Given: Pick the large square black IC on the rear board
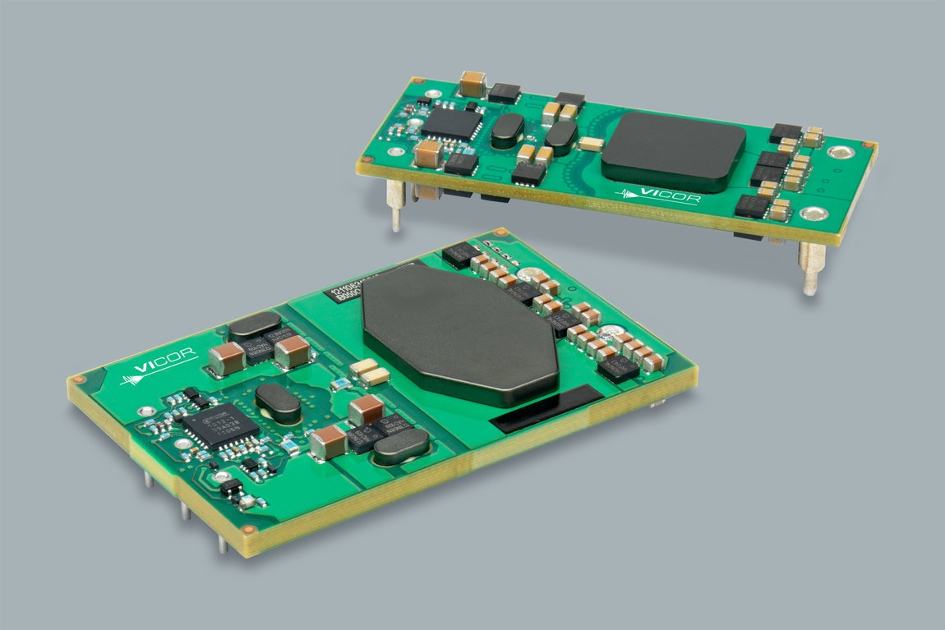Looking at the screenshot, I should tap(450, 123).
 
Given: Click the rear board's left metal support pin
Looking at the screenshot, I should tap(395, 205).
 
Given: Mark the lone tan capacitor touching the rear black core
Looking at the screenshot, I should tap(590, 144).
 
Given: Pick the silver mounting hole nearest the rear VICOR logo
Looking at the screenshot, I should tap(813, 214).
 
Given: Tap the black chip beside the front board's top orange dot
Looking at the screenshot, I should tap(459, 253).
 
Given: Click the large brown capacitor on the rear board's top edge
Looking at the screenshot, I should tap(473, 84).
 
